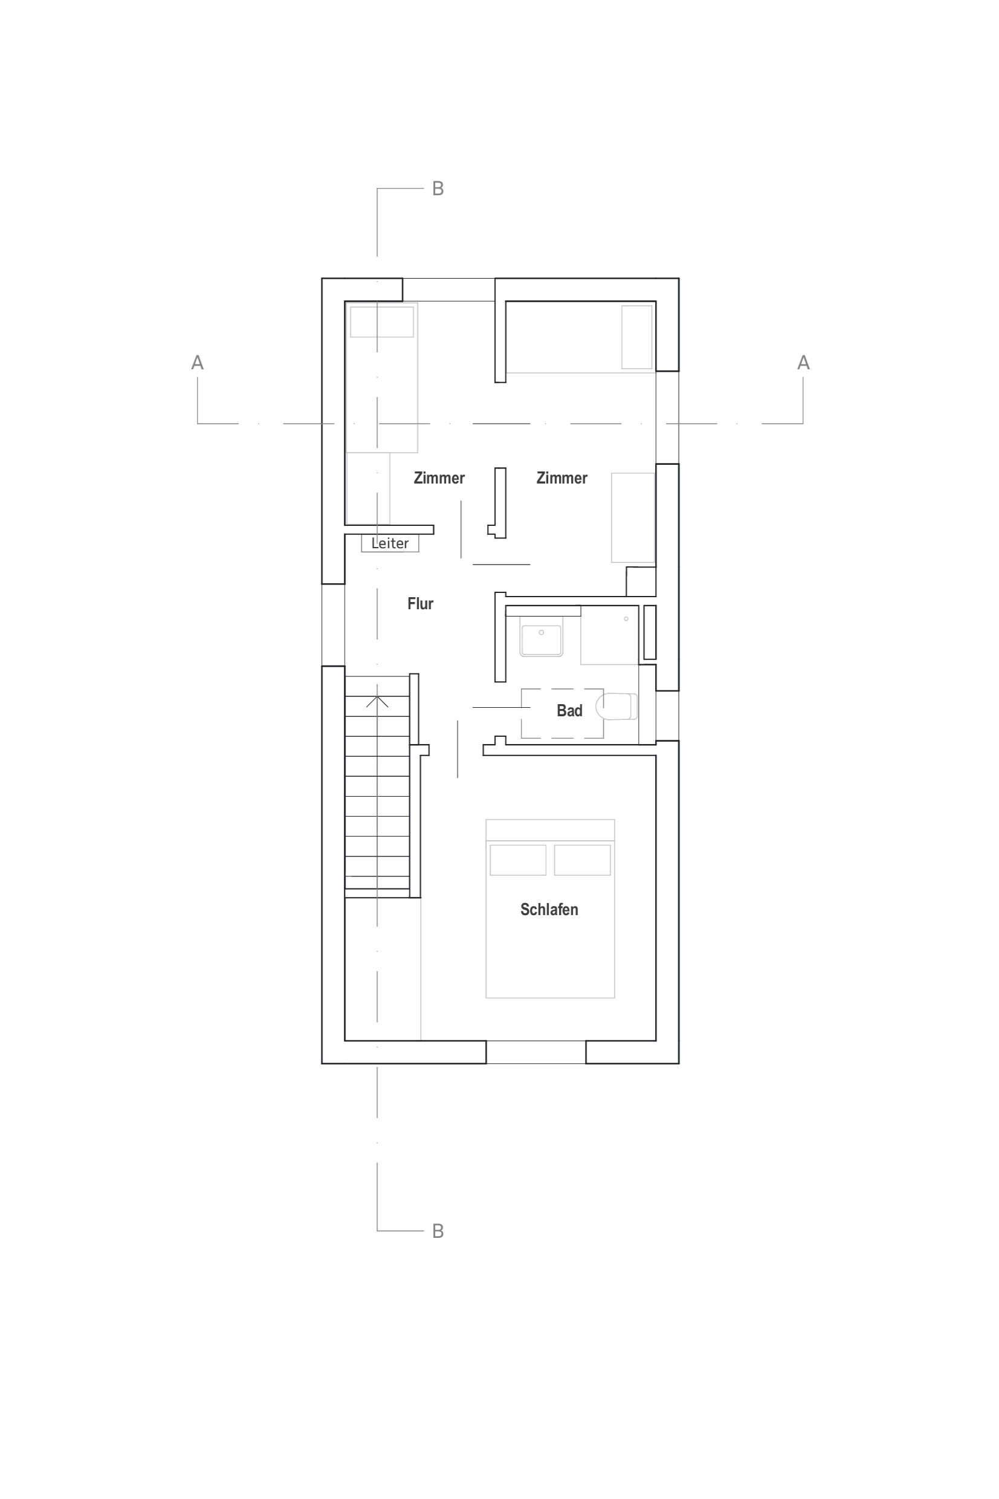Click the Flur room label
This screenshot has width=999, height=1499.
tap(421, 603)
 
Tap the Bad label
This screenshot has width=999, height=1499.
tap(569, 710)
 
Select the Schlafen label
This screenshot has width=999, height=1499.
tap(549, 909)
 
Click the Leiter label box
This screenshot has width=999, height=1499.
tap(390, 543)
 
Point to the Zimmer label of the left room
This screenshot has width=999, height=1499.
tap(439, 478)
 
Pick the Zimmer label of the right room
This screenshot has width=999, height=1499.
tap(562, 478)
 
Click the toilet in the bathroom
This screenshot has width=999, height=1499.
tap(616, 706)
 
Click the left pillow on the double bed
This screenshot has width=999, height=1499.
tap(518, 860)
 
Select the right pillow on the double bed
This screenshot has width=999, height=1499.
tap(583, 860)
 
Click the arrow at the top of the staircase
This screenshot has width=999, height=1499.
tap(377, 701)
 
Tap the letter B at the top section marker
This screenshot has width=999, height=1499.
tap(438, 189)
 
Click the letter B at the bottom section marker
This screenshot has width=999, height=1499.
tap(438, 1231)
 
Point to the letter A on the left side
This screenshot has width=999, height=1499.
tap(198, 363)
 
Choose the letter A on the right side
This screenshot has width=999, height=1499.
tap(803, 363)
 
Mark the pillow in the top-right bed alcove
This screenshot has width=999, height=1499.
tap(637, 337)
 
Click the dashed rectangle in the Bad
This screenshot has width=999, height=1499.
tap(563, 713)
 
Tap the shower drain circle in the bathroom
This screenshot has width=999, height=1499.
tap(626, 618)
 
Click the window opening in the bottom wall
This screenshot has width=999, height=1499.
tap(536, 1052)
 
